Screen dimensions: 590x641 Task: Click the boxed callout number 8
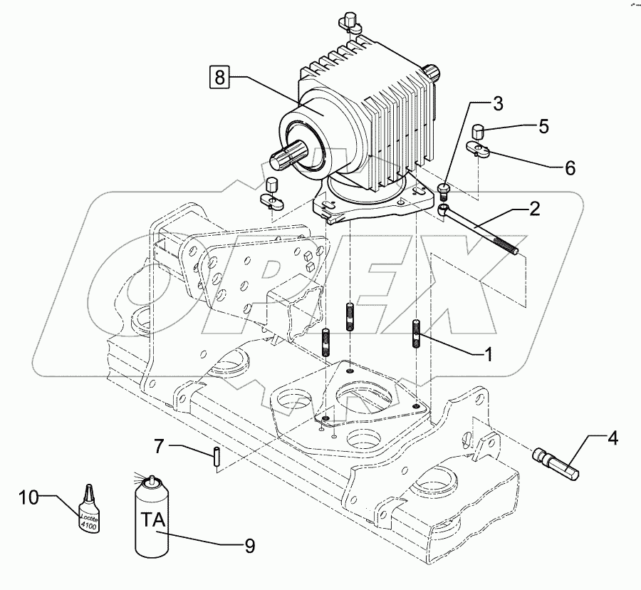pos(220,76)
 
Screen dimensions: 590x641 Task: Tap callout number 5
pos(543,127)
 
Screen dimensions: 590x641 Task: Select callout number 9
pos(249,545)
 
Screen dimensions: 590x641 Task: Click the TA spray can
pos(152,520)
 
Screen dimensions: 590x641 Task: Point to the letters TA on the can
pos(152,518)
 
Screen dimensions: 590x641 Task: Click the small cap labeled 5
pos(479,131)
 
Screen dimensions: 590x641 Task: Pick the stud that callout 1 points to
pos(417,333)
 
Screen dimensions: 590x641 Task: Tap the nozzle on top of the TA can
pos(150,480)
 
